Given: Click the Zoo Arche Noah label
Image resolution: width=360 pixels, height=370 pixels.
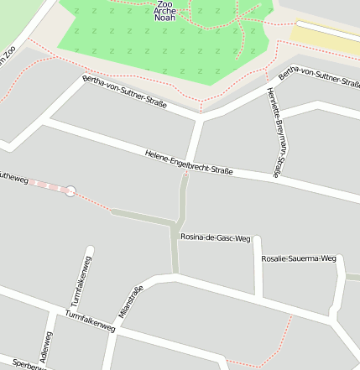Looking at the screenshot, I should (x=164, y=11).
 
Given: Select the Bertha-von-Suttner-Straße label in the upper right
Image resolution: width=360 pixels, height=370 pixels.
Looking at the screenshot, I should (x=319, y=81).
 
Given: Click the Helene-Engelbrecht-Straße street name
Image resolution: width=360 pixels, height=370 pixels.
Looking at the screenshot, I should (x=188, y=163).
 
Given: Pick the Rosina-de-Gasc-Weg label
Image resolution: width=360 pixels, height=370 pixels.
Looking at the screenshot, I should (x=216, y=238).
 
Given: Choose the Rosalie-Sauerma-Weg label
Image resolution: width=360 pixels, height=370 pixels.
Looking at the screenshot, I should (x=298, y=258).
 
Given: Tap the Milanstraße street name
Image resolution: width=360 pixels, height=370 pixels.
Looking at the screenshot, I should (x=132, y=302).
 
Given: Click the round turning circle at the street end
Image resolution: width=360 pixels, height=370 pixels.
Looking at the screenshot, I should (x=70, y=191).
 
